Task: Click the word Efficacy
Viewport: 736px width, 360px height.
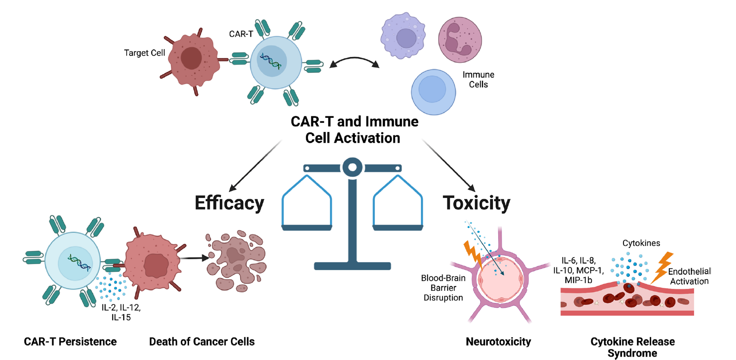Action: (x=230, y=202)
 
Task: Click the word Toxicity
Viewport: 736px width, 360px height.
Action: (x=476, y=202)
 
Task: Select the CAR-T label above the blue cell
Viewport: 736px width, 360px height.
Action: (x=240, y=34)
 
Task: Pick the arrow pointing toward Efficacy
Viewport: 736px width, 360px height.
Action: (x=255, y=166)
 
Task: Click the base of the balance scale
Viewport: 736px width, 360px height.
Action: (x=352, y=266)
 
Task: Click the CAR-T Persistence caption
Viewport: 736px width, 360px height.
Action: (x=70, y=341)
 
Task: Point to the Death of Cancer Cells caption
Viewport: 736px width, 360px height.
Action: (x=202, y=341)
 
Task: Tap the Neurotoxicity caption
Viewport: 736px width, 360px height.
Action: (x=498, y=341)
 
